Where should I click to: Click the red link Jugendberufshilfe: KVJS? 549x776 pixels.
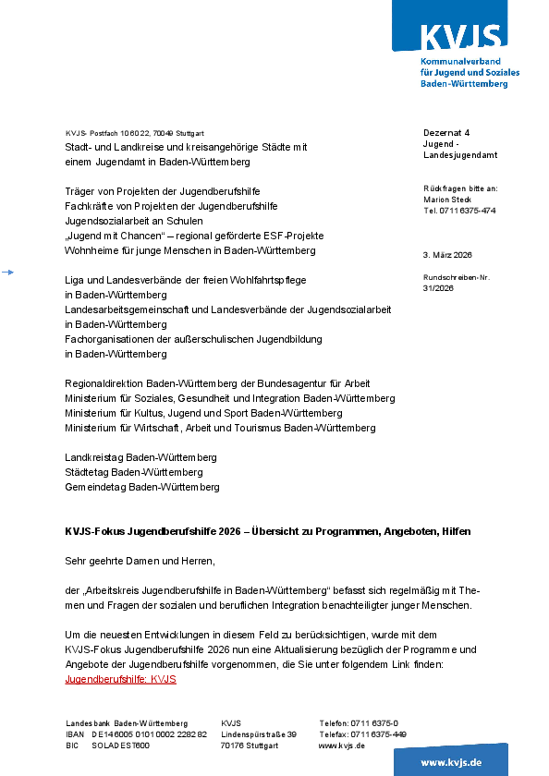(120, 680)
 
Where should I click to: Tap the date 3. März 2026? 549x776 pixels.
(447, 254)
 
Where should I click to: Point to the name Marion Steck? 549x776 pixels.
(447, 200)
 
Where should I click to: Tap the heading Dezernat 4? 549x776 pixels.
(446, 133)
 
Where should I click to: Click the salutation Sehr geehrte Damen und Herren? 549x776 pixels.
(140, 561)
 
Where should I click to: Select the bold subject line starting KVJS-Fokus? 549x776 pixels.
(267, 532)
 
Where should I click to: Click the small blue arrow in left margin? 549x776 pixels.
(7, 273)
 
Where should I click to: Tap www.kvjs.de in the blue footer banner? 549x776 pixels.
(451, 762)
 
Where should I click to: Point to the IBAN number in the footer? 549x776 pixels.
(149, 734)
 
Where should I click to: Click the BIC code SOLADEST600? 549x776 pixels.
(120, 746)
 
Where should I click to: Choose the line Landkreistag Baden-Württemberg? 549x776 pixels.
(140, 457)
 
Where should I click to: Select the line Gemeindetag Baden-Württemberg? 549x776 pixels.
(141, 487)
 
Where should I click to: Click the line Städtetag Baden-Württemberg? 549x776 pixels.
(134, 472)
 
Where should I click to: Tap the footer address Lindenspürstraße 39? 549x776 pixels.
(258, 734)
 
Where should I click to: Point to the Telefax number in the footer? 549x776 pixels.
(378, 734)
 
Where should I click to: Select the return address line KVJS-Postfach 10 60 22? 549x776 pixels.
(134, 133)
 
